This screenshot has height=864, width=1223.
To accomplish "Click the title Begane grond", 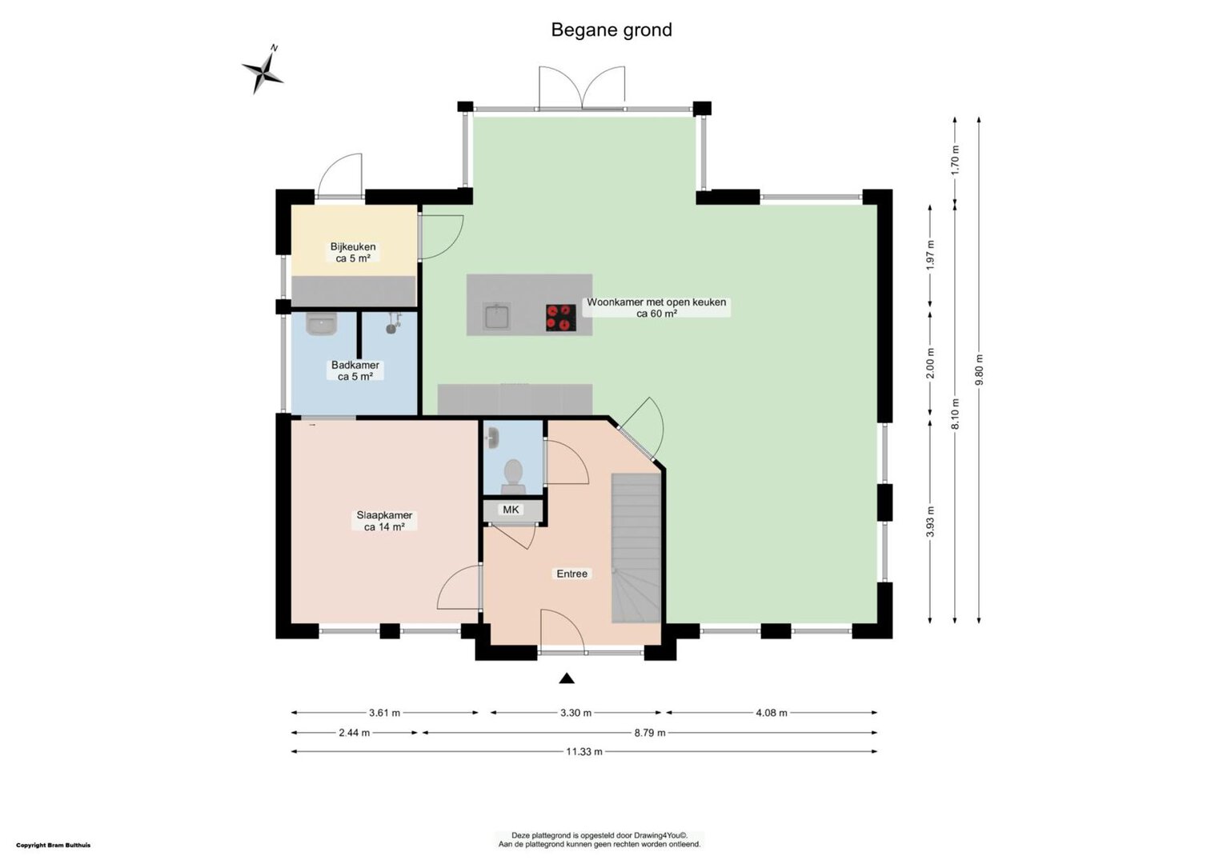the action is click(611, 30).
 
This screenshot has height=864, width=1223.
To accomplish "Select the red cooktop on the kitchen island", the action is click(561, 318).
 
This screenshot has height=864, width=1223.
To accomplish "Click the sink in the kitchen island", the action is click(497, 317).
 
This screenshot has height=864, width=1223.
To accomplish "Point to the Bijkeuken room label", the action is click(353, 252).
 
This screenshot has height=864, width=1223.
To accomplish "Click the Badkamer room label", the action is click(355, 370).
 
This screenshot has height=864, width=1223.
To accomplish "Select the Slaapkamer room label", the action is click(384, 522).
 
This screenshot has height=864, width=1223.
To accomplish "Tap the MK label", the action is click(511, 510).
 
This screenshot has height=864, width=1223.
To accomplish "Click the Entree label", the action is click(572, 574).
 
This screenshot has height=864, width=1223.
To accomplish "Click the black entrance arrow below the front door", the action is click(567, 678).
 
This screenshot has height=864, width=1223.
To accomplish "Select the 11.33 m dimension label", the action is click(584, 751).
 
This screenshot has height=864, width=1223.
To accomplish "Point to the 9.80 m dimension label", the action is click(979, 370).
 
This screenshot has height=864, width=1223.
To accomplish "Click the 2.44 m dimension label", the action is click(355, 733).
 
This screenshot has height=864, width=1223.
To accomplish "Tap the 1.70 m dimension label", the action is click(955, 160).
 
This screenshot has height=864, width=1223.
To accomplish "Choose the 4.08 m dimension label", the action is click(772, 713).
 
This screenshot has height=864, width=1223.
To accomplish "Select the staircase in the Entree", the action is click(636, 548).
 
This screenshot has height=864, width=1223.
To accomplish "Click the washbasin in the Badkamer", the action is click(321, 324).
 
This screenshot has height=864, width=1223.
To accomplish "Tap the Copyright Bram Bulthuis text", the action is click(54, 846).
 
